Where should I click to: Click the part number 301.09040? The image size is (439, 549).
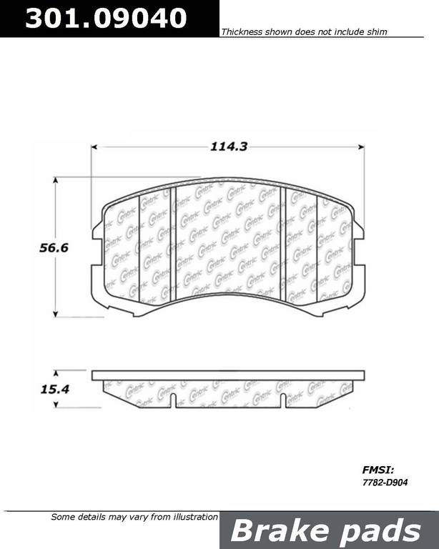[x=106, y=18]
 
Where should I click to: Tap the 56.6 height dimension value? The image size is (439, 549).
[x=54, y=248]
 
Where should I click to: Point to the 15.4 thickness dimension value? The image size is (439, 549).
[x=55, y=389]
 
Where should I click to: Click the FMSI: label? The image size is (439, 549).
[x=378, y=470]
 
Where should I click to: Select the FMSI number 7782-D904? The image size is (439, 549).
[x=385, y=483]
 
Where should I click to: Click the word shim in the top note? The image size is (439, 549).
[x=377, y=32]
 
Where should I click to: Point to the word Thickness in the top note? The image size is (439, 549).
[x=242, y=32]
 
